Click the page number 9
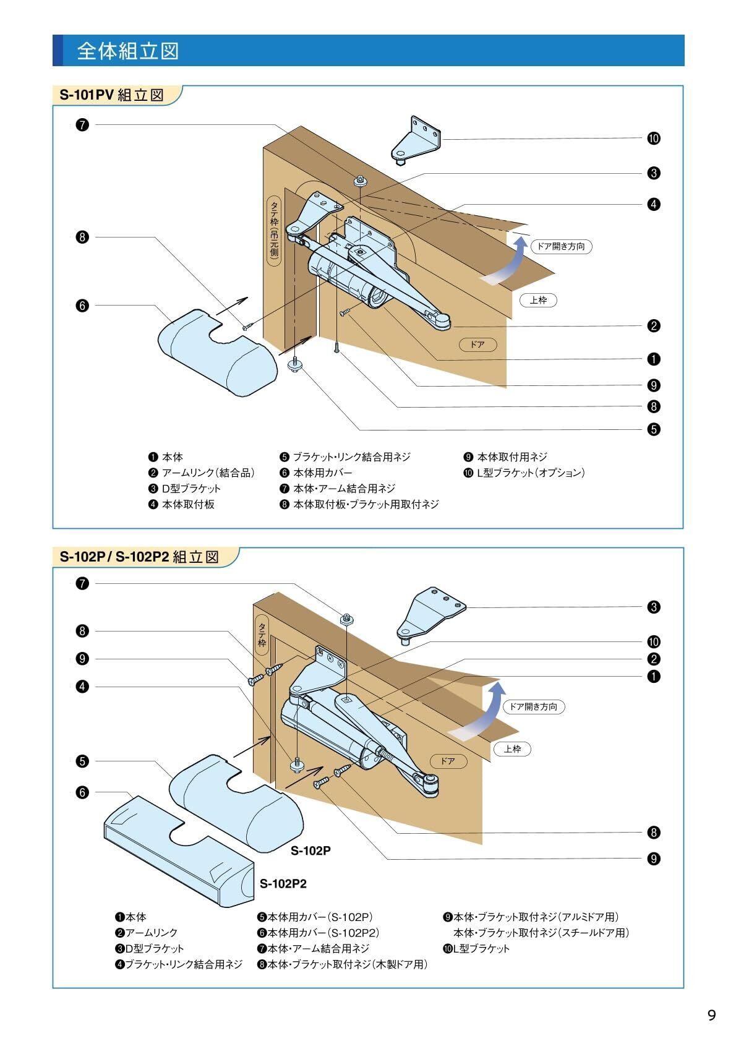click(x=711, y=1014)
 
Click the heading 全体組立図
click(x=127, y=51)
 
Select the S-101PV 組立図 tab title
click(x=111, y=95)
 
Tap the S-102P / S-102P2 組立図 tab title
click(x=139, y=557)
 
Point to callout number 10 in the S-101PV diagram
click(x=654, y=139)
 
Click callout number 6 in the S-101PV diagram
click(x=82, y=306)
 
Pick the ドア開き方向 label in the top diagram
click(x=560, y=246)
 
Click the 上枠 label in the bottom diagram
click(x=513, y=749)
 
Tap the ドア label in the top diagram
click(x=477, y=345)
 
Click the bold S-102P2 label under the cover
click(x=283, y=884)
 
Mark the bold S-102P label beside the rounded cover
click(x=310, y=850)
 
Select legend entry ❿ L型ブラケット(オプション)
click(x=524, y=473)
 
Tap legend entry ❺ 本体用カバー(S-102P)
click(x=315, y=917)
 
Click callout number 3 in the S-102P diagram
click(x=654, y=607)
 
